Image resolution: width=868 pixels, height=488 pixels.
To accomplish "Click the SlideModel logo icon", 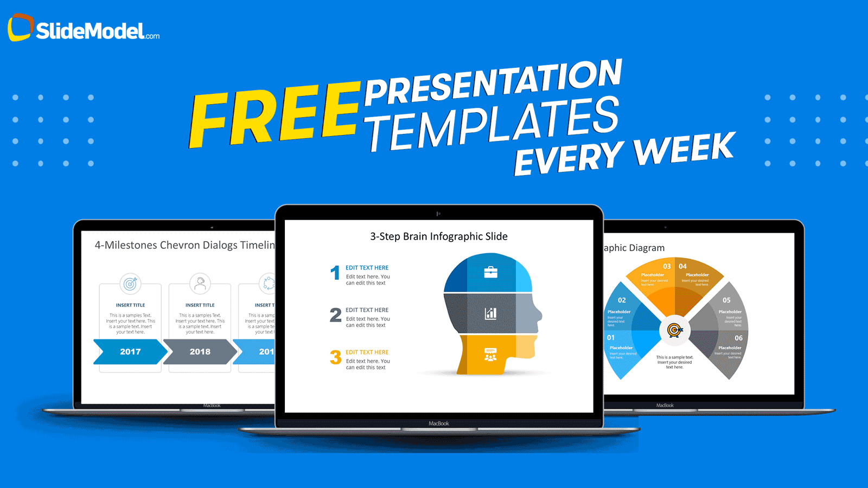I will coord(21,27).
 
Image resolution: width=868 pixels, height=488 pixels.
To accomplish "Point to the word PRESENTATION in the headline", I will coord(493,82).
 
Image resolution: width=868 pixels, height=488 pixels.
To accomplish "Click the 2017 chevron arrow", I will coord(130,352).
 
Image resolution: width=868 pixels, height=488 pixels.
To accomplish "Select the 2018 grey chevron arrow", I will coord(200,352).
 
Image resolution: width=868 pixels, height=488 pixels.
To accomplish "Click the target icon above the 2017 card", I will coord(130,284).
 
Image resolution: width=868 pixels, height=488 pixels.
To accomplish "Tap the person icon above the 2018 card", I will coord(200,283).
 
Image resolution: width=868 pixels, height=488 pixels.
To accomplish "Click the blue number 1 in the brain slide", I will coord(335,273).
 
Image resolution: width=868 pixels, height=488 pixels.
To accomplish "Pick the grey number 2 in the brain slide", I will coord(335,315).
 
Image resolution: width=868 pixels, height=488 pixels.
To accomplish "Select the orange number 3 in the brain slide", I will coord(335,357).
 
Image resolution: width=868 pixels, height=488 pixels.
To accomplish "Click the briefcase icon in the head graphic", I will coord(490,272).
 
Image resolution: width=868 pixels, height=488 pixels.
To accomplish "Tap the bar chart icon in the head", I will coord(490,313).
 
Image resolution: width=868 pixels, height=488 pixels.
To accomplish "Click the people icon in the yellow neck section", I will coord(490,355).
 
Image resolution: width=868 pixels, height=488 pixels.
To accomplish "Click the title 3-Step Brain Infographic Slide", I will coord(439,236).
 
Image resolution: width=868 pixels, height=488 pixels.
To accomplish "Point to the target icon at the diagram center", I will coord(674,330).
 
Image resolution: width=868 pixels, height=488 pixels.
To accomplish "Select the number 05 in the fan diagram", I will coord(726,300).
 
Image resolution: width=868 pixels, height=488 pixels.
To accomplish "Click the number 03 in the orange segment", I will coord(667,266).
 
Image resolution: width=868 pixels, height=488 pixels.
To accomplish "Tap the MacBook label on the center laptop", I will coord(439,423).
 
